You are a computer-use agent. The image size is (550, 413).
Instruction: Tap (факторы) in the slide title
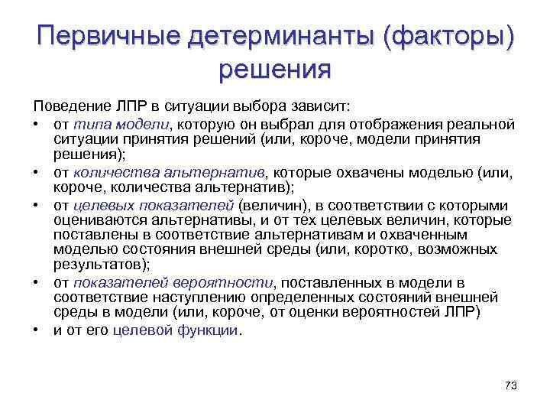448,36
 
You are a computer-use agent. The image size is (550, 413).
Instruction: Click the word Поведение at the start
70,105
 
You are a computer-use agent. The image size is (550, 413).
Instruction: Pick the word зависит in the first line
324,105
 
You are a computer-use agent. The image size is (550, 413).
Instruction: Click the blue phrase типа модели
124,124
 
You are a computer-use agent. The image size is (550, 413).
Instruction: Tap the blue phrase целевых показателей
154,206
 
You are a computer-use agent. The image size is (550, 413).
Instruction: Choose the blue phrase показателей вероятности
173,283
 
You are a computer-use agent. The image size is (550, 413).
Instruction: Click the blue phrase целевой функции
176,331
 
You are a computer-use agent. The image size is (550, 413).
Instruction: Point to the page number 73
511,385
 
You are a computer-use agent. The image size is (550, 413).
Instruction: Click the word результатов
99,265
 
